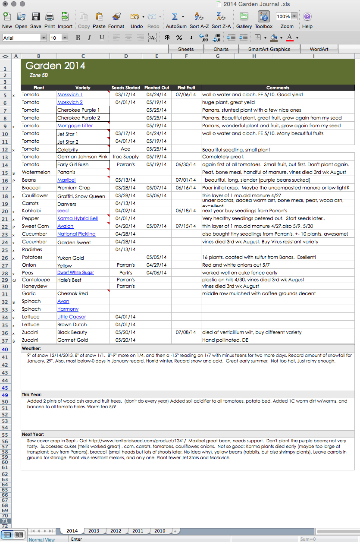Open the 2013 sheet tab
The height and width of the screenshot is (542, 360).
(x=94, y=531)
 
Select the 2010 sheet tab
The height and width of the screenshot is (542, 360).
(x=160, y=531)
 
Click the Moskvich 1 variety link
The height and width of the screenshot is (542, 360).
(x=69, y=95)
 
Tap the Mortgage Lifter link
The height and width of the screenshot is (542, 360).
(x=75, y=126)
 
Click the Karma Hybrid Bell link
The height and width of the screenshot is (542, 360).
(x=78, y=218)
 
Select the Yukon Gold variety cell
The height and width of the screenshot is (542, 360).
(x=70, y=258)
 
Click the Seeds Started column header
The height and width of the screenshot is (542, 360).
(x=125, y=88)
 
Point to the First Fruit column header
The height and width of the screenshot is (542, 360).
(x=186, y=88)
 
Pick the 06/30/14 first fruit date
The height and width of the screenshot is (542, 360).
(x=186, y=164)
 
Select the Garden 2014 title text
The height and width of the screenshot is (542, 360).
(x=55, y=66)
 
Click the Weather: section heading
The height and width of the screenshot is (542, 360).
(x=31, y=348)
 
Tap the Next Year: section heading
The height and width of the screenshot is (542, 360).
(x=33, y=434)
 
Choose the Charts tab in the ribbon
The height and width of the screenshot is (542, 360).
(x=221, y=49)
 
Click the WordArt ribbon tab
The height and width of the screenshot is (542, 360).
(x=319, y=49)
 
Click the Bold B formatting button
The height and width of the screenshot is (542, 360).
(x=78, y=38)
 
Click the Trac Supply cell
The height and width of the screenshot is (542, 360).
(x=125, y=157)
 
